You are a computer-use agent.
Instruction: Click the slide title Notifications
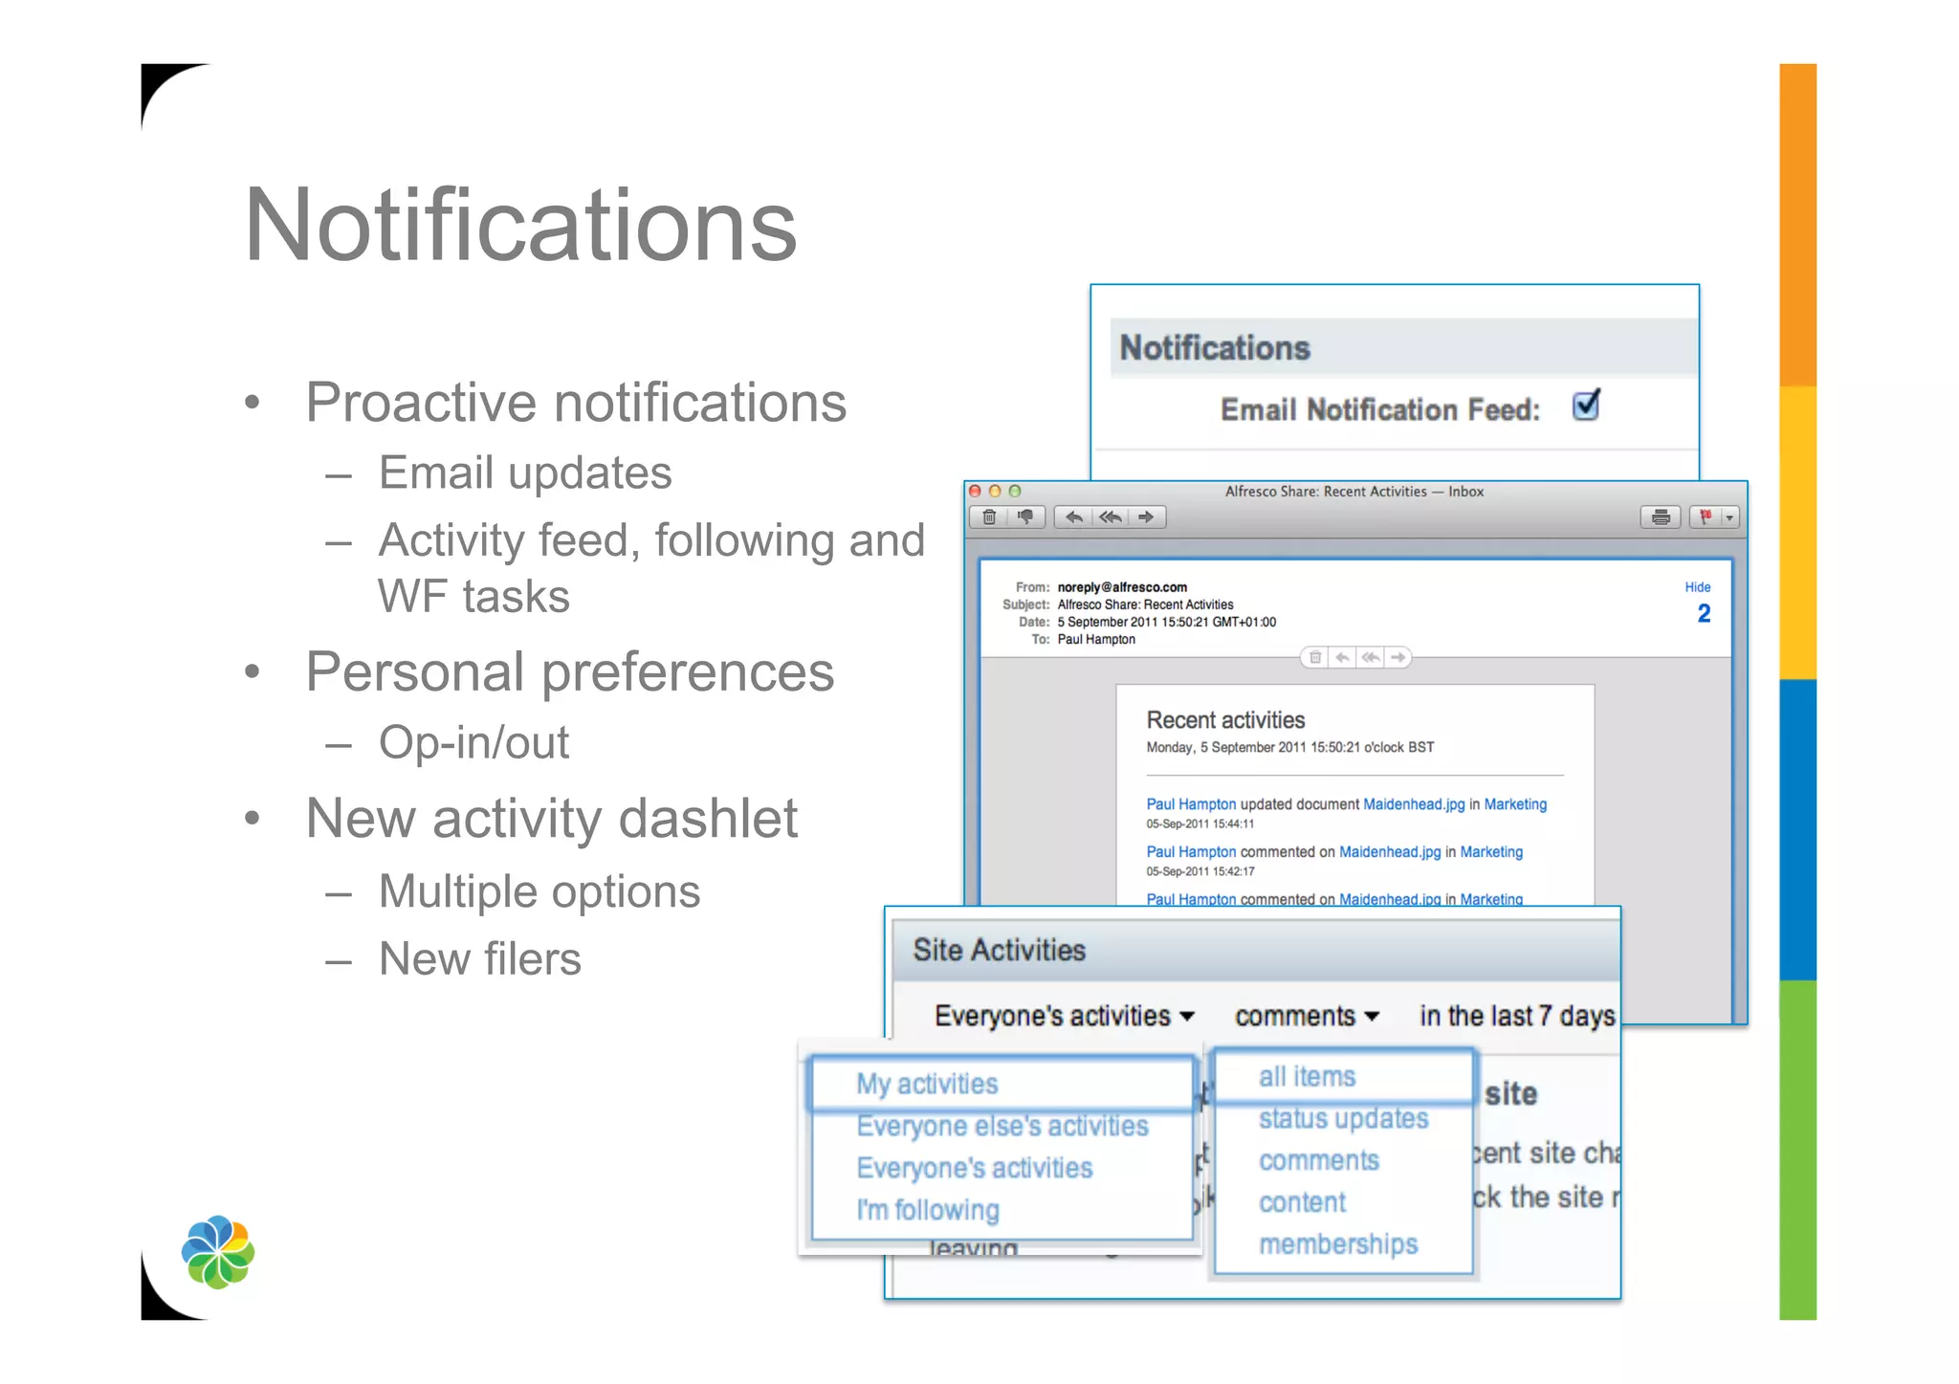point(520,226)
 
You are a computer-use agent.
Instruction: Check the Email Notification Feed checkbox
point(1585,406)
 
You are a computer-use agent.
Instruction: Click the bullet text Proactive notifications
point(576,402)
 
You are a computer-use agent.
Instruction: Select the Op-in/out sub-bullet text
point(473,742)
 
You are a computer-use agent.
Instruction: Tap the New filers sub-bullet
point(479,958)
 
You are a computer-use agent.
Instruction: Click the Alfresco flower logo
point(218,1252)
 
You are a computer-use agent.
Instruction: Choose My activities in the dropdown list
point(927,1084)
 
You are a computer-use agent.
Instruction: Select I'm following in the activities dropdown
point(927,1210)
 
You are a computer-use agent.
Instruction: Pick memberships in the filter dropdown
point(1337,1244)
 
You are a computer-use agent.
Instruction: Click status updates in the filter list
point(1343,1118)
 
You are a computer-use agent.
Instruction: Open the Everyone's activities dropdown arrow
point(1187,1017)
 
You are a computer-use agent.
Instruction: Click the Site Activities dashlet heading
point(999,950)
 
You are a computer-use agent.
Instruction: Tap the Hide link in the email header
point(1697,587)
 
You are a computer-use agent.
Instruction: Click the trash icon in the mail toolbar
point(989,517)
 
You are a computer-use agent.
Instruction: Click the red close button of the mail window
point(976,492)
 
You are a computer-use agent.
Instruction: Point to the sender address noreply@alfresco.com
point(1121,587)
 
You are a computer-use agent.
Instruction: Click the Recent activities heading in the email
point(1225,720)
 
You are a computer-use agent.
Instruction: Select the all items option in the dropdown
point(1307,1077)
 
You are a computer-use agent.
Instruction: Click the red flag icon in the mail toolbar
point(1705,517)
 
